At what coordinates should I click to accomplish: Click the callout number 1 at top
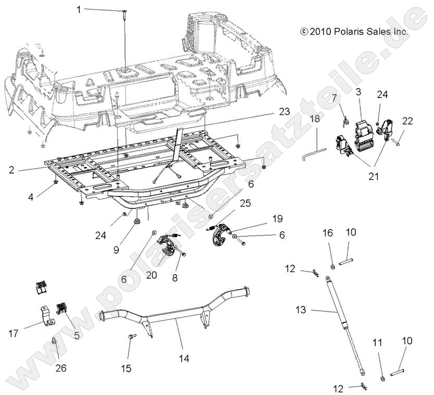pos(79,9)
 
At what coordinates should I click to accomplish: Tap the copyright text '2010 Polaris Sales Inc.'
pos(354,31)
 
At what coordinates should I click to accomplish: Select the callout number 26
pos(60,368)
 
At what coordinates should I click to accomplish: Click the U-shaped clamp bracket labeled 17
pos(46,317)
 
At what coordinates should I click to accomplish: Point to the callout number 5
pos(77,336)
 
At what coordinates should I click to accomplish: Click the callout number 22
pos(407,121)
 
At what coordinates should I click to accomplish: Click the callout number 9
pos(116,249)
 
